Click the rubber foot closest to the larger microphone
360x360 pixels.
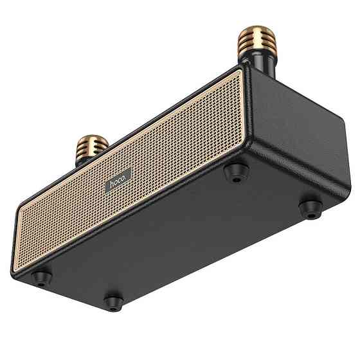tap(236, 172)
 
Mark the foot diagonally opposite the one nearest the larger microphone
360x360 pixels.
tap(113, 300)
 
